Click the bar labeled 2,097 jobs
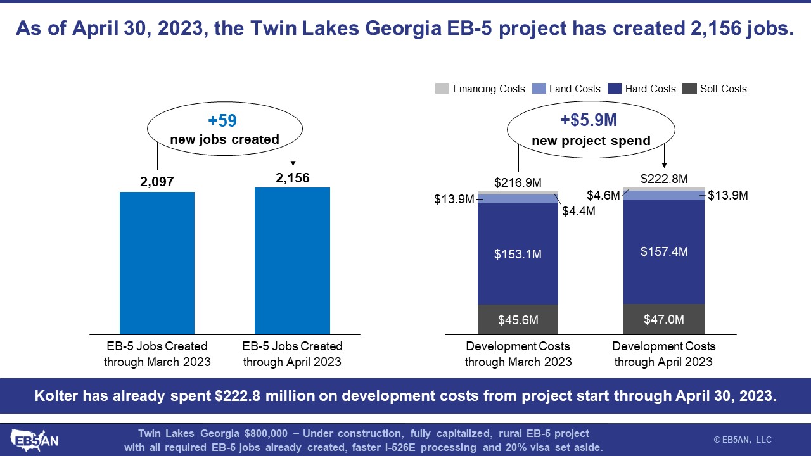click(x=157, y=263)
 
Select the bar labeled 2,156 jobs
click(x=292, y=261)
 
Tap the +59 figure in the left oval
click(x=222, y=120)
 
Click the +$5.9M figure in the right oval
click(x=589, y=120)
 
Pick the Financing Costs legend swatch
click(x=442, y=89)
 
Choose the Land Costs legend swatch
click(x=539, y=89)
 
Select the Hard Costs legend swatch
click(x=615, y=89)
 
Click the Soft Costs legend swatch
click(x=689, y=89)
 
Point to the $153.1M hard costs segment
click(x=518, y=254)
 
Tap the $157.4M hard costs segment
click(x=664, y=252)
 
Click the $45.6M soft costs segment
click(x=518, y=320)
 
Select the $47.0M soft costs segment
click(x=664, y=319)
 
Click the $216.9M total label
click(x=518, y=183)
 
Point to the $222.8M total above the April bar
click(x=664, y=179)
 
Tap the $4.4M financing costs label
click(x=578, y=211)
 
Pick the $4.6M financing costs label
click(x=603, y=196)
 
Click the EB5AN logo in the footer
click(x=34, y=440)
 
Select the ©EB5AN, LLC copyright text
click(x=743, y=440)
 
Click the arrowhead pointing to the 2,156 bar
click(x=293, y=163)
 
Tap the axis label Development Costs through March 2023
click(x=518, y=354)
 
